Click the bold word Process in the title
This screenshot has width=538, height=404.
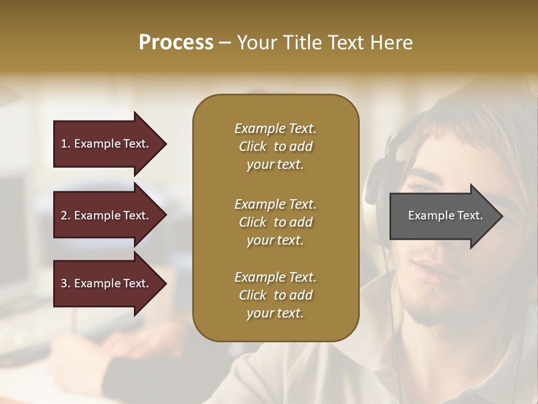point(176,43)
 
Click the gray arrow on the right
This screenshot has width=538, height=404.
point(443,215)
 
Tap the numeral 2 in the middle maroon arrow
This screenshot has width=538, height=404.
point(64,215)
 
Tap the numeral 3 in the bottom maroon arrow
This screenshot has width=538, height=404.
point(64,283)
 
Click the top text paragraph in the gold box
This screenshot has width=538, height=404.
point(275,146)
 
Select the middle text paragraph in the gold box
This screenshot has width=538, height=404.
point(275,222)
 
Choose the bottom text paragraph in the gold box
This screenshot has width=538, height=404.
point(275,295)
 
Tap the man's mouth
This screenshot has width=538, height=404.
point(429,268)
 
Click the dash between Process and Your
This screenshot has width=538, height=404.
point(225,43)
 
